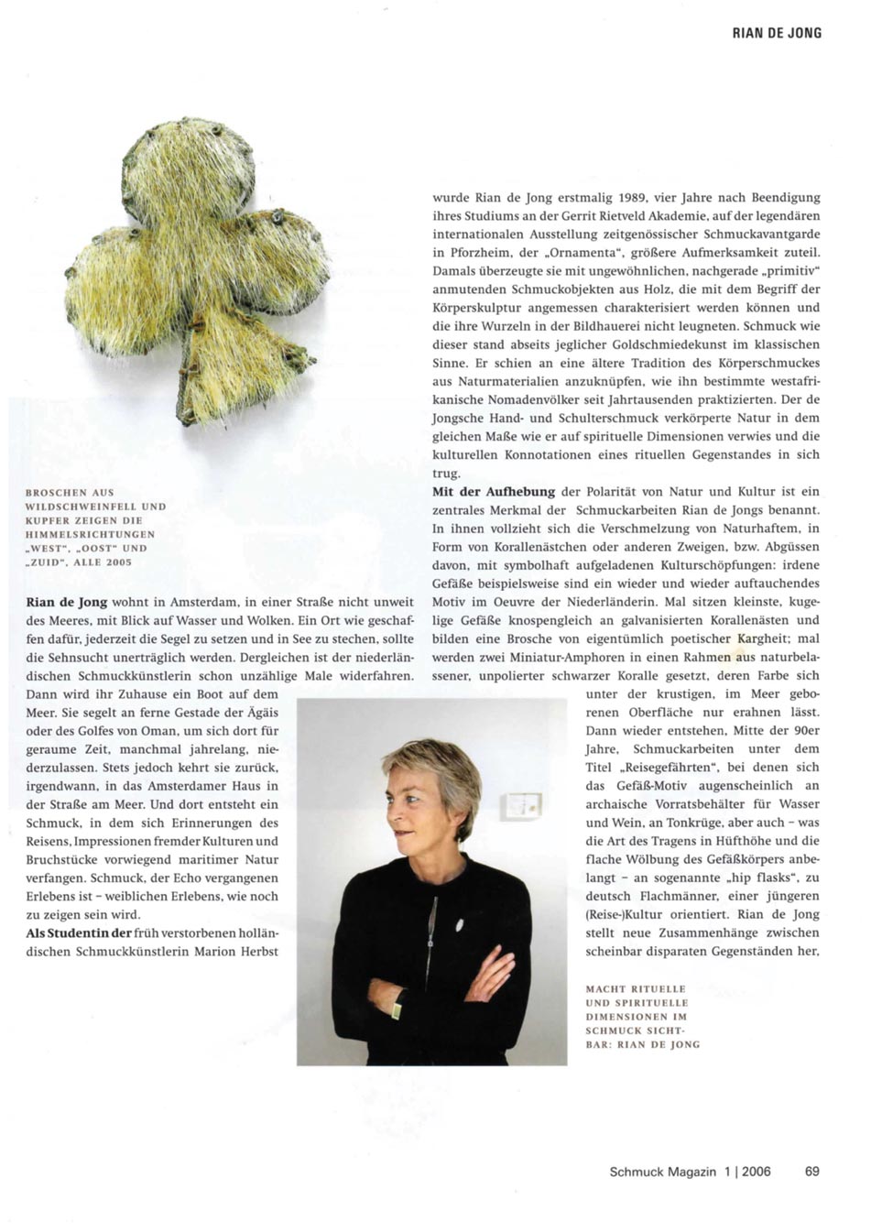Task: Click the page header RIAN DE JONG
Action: tap(777, 33)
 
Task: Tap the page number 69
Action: tap(812, 1171)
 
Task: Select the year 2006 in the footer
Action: tap(757, 1171)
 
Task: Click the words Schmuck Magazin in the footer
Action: tap(662, 1171)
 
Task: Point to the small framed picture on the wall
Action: tap(522, 806)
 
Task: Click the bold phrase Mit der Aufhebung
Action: tap(494, 492)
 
